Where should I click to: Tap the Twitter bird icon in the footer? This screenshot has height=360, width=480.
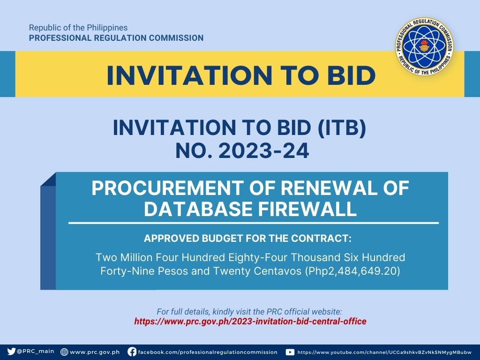click(11, 352)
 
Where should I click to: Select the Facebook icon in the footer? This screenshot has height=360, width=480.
click(132, 352)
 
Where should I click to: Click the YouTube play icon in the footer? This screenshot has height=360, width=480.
click(290, 352)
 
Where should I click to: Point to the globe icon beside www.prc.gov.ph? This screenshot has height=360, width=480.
click(64, 352)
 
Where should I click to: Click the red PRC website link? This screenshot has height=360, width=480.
click(250, 322)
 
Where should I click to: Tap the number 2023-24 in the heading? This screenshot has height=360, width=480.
click(263, 151)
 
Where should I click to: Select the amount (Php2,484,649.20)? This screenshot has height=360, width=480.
click(352, 271)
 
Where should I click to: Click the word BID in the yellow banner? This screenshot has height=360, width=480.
click(351, 75)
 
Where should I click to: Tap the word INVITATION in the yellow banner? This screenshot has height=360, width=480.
click(189, 75)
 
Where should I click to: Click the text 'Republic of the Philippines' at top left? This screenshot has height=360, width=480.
click(78, 28)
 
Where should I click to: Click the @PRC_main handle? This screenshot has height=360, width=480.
click(36, 352)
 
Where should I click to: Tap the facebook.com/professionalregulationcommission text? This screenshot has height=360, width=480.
click(208, 352)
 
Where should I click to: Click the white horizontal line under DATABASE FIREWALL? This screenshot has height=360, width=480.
click(254, 223)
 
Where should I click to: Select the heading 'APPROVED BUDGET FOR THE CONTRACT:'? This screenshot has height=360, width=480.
click(247, 238)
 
